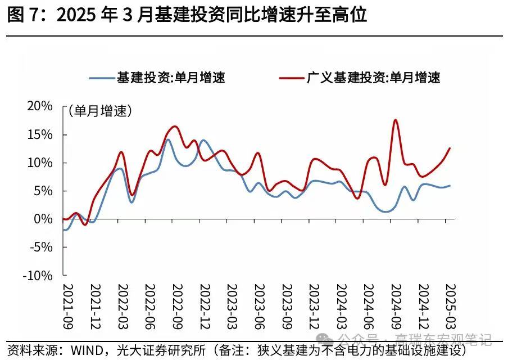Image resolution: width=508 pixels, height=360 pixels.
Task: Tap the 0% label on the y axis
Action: point(45,219)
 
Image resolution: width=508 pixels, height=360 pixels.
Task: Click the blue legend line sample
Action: point(101,78)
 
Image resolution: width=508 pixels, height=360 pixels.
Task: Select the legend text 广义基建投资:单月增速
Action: point(373,78)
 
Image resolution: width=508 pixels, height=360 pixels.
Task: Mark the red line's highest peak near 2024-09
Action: point(396,120)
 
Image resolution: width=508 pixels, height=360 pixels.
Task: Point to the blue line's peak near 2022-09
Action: point(167,139)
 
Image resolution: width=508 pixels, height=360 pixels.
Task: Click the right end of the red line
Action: point(450,148)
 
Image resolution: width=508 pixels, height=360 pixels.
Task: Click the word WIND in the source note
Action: point(88,350)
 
